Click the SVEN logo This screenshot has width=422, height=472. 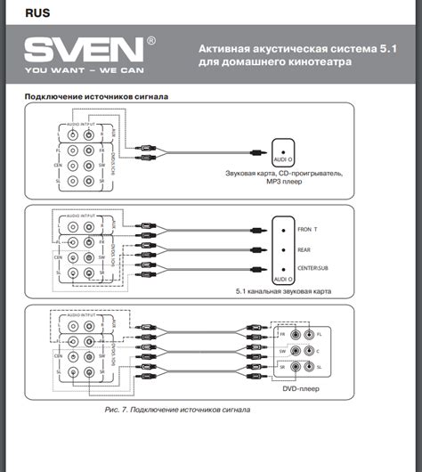[82, 48]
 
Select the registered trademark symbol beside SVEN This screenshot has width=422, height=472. [151, 41]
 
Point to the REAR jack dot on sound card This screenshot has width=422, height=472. [283, 248]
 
